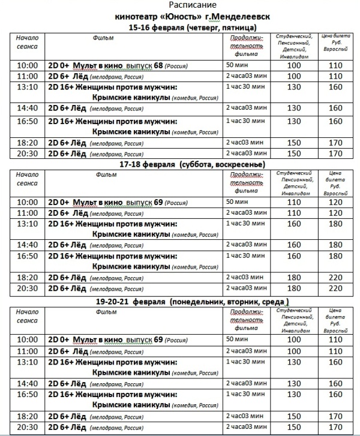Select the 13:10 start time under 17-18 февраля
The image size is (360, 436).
(x=28, y=223)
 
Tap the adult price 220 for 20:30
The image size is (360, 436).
(x=335, y=288)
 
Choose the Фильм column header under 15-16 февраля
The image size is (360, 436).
(x=103, y=38)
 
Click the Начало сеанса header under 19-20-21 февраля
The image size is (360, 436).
(x=28, y=316)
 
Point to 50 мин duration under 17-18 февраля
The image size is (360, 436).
(x=236, y=202)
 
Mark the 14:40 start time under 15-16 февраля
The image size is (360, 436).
(x=28, y=108)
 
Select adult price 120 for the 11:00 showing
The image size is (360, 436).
(x=335, y=213)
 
